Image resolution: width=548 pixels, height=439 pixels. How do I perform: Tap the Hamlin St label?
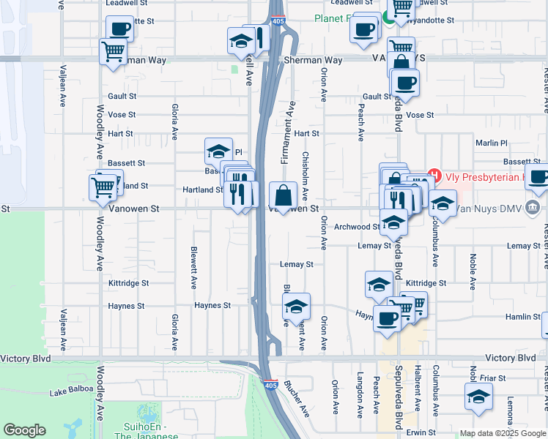click(522, 316)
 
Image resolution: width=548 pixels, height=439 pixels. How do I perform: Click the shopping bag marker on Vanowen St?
click(283, 196)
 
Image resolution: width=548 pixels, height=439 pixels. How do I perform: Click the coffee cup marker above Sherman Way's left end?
click(119, 29)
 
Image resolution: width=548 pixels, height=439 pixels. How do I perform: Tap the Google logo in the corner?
click(24, 430)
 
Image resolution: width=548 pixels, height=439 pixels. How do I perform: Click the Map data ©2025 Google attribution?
click(503, 433)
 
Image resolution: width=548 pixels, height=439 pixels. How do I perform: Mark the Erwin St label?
click(421, 432)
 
